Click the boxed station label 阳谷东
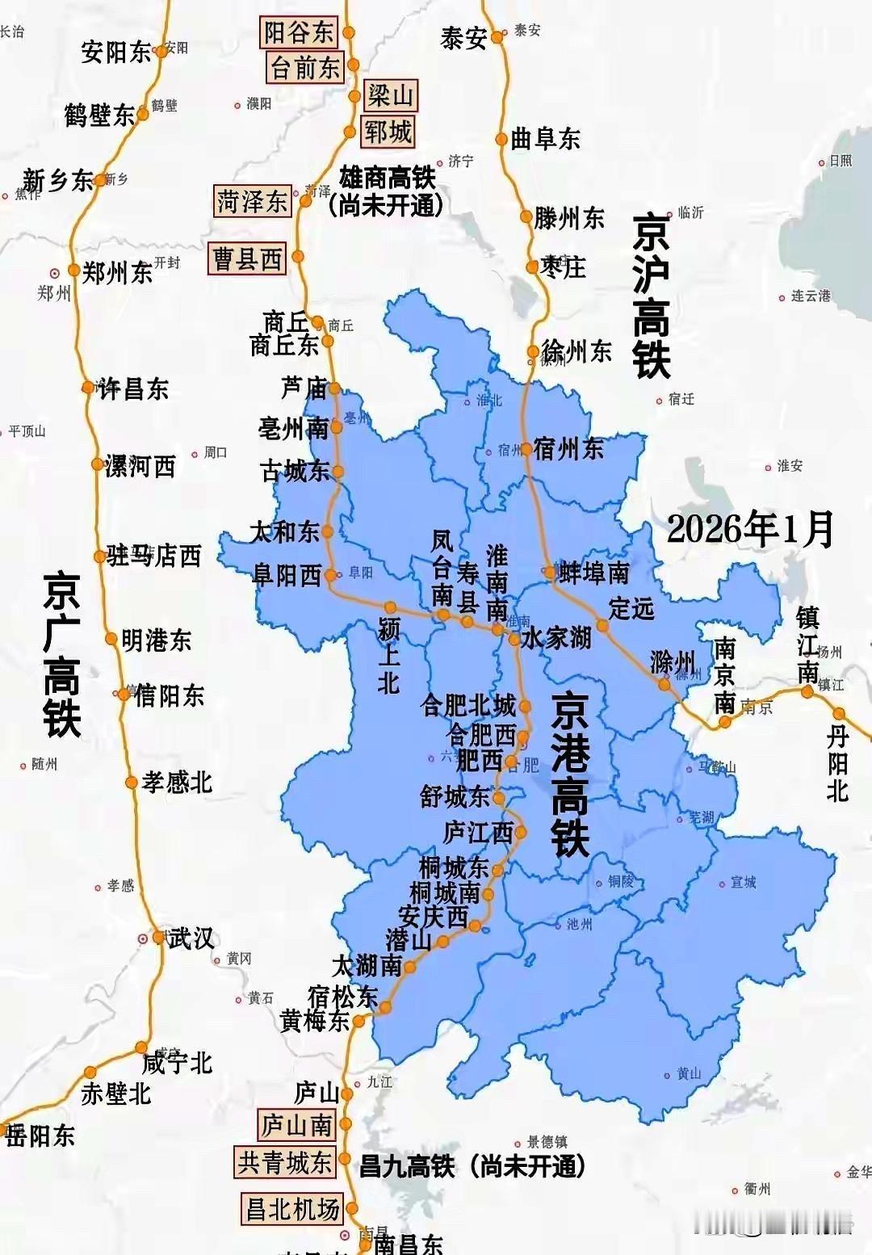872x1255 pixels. click(298, 32)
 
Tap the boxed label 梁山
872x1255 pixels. click(390, 95)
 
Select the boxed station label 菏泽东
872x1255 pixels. click(252, 201)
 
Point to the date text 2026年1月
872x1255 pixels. click(750, 529)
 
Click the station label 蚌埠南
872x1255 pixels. click(594, 573)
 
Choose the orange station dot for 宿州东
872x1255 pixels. click(526, 449)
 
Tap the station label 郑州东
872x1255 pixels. click(117, 273)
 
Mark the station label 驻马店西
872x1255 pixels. click(153, 556)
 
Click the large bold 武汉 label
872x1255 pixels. click(191, 938)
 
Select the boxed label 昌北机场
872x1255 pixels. click(291, 1209)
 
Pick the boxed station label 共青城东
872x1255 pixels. click(285, 1162)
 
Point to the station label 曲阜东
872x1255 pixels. click(545, 139)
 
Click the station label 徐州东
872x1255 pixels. click(576, 350)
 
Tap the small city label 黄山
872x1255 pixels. click(689, 1073)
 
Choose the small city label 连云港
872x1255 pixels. click(810, 296)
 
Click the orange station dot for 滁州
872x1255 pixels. click(664, 684)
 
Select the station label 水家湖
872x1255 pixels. click(556, 638)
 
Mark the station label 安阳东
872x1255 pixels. click(116, 52)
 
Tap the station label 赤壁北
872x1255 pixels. click(116, 1093)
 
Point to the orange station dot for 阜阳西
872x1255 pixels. click(330, 575)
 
